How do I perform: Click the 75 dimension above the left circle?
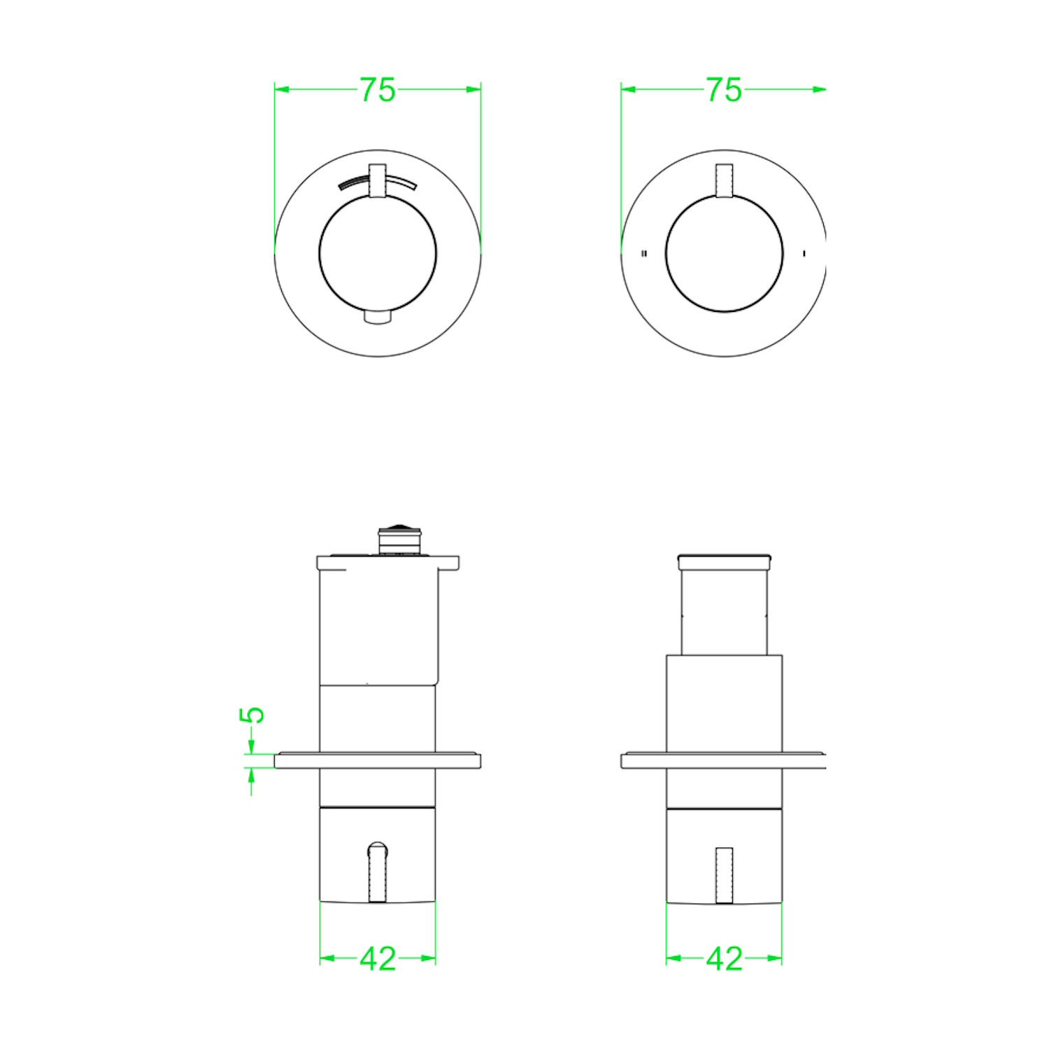coord(378,90)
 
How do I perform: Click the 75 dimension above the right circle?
coord(724,90)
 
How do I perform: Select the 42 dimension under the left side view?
coord(378,959)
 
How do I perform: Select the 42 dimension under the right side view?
coord(724,959)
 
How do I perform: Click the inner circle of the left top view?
coord(319,253)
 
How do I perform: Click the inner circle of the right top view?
coord(666,253)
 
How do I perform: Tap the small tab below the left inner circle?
coord(378,317)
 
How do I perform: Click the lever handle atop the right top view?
coord(725,180)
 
